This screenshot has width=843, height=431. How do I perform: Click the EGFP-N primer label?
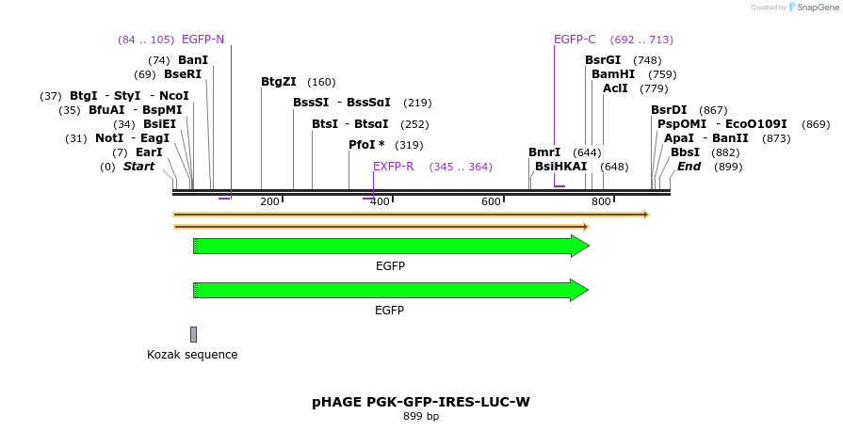point(203,40)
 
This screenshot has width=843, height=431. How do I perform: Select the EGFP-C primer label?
point(575,40)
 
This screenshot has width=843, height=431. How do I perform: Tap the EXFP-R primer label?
point(394,167)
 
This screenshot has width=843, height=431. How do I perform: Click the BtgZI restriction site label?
point(279,82)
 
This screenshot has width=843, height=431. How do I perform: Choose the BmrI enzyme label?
point(544,152)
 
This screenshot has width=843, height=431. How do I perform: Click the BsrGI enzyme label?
point(603,60)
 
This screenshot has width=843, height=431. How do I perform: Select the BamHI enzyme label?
point(613,74)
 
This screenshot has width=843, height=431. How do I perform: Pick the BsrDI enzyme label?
point(669,110)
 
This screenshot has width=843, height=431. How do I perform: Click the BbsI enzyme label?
point(685,152)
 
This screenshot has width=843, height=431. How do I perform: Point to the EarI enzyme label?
point(149,152)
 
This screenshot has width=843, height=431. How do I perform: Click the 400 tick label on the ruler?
point(380,201)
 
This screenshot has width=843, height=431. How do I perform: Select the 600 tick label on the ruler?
point(491,201)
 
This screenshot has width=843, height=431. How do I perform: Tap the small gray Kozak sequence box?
point(194,334)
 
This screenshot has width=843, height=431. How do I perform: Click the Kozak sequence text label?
point(192,355)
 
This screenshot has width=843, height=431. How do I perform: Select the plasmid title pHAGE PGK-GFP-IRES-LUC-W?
point(421,402)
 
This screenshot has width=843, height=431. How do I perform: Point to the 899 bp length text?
point(421,416)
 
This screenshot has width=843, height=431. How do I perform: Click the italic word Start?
point(138,167)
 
